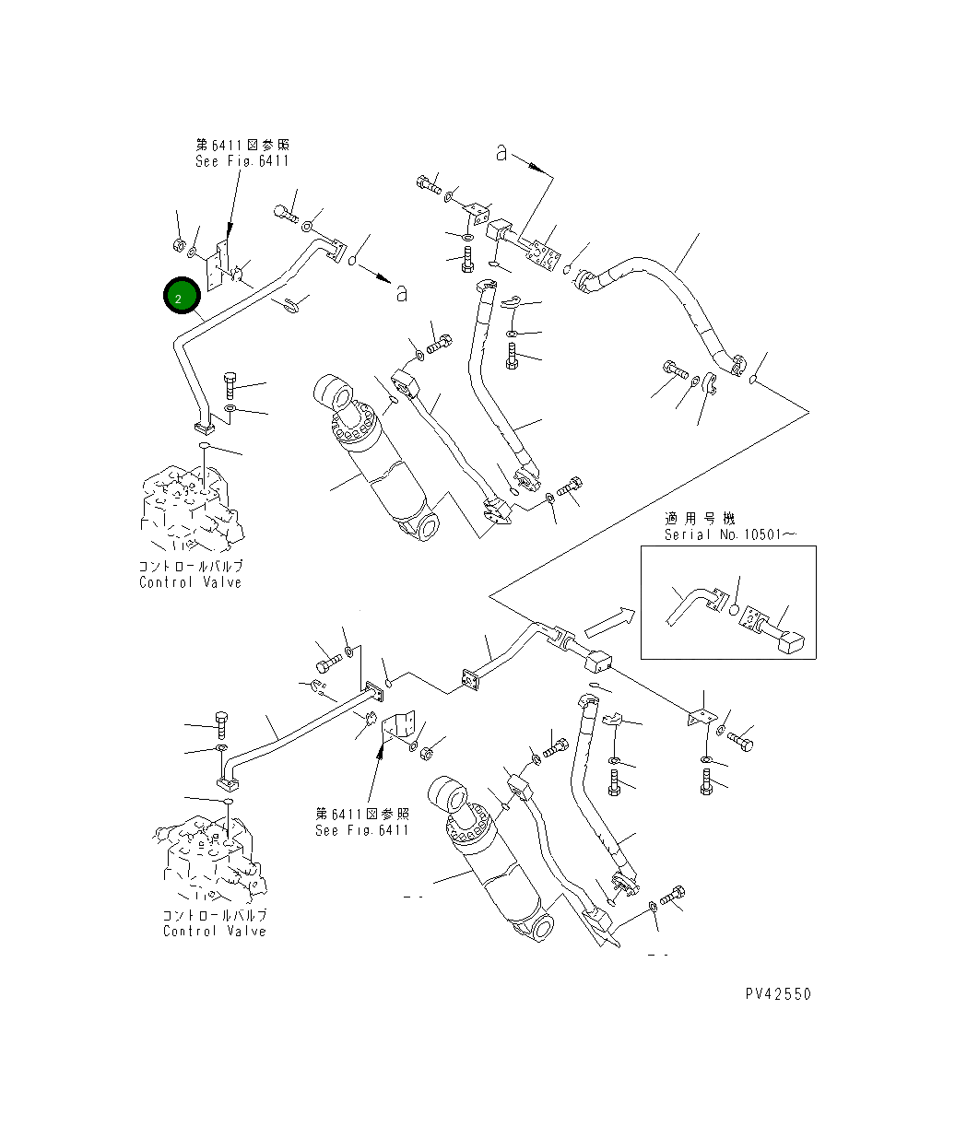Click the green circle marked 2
(x=182, y=296)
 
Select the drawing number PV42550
(x=778, y=993)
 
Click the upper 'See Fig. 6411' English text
(x=242, y=161)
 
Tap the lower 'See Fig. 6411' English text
(x=361, y=830)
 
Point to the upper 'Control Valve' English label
(x=190, y=582)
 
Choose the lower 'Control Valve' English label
(x=214, y=932)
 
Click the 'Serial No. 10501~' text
(x=729, y=534)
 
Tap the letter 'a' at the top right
(x=501, y=153)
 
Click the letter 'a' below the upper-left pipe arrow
(x=401, y=293)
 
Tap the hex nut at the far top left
(x=178, y=246)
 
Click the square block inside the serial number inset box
(x=792, y=642)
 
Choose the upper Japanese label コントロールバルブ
(x=191, y=567)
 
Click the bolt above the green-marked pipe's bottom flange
(x=230, y=384)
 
